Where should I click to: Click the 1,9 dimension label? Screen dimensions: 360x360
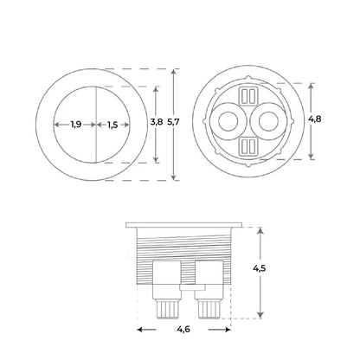[76, 125]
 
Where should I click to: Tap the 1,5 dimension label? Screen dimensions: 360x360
[112, 125]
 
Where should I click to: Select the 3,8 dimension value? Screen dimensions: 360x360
[157, 122]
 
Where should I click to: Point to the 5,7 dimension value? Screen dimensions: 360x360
[173, 122]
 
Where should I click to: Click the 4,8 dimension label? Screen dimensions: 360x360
[314, 119]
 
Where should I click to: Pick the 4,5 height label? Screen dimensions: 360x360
[260, 268]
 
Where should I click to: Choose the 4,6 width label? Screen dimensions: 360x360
[183, 329]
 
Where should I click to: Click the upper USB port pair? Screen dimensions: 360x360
[248, 96]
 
